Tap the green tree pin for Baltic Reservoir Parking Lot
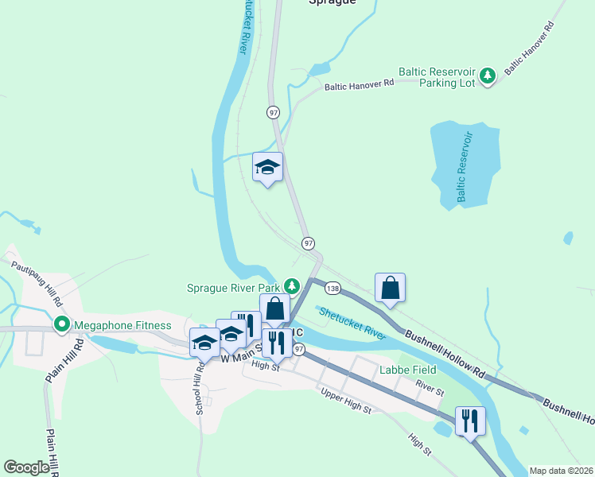pos(488,76)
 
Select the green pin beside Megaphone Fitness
pos(60,324)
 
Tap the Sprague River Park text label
pos(234,288)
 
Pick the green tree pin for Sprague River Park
pos(292,286)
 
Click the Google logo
pos(26,467)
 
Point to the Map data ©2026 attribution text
pos(561,471)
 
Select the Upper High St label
pos(345,401)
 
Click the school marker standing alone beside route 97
pos(268,167)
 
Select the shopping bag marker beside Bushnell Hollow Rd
pos(391,287)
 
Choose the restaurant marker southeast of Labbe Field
pos(470,421)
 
